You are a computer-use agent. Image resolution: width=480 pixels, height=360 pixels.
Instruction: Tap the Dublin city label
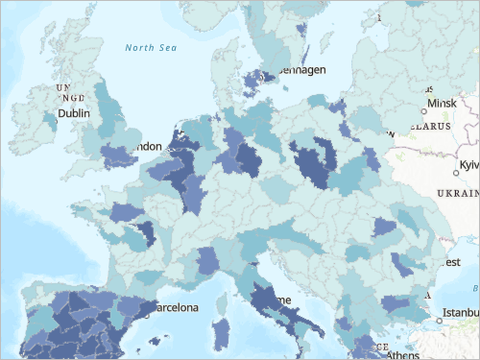tap(73, 112)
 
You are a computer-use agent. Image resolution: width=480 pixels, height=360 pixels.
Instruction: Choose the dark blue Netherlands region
tap(178, 144)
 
